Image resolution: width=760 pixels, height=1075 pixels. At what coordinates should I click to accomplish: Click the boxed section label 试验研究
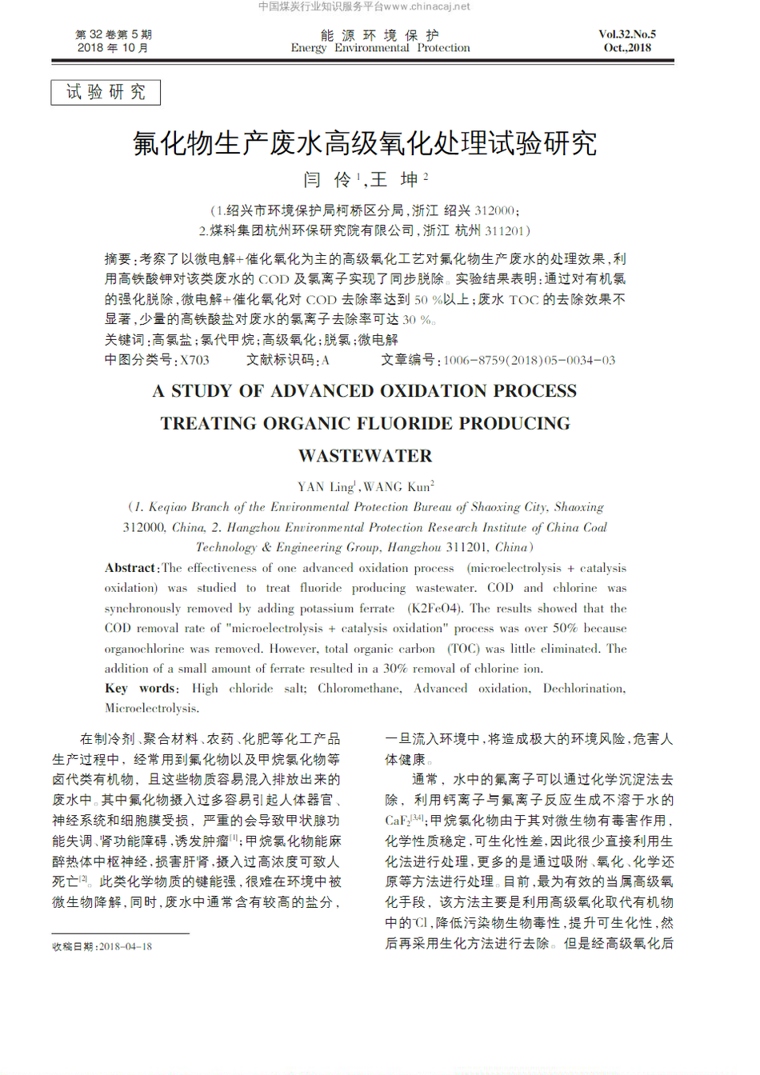pyautogui.click(x=106, y=92)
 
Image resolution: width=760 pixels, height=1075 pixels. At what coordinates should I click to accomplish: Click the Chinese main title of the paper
pyautogui.click(x=365, y=143)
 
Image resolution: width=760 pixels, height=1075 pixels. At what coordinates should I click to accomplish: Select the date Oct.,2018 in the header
pyautogui.click(x=627, y=48)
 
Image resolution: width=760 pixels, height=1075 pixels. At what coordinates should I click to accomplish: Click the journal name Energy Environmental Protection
pyautogui.click(x=380, y=48)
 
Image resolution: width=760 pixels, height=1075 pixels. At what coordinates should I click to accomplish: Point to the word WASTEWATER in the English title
pyautogui.click(x=365, y=456)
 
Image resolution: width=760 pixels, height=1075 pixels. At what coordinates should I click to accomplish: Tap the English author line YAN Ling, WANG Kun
pyautogui.click(x=365, y=487)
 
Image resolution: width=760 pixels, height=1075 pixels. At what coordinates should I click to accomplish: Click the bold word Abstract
pyautogui.click(x=130, y=568)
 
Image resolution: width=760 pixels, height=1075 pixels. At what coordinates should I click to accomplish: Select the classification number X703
pyautogui.click(x=194, y=361)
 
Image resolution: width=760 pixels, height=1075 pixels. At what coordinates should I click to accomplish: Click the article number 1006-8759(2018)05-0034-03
pyautogui.click(x=529, y=361)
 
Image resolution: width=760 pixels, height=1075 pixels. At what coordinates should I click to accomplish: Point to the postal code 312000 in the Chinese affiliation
pyautogui.click(x=494, y=211)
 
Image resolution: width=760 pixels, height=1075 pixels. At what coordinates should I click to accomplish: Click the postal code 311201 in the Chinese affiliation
pyautogui.click(x=505, y=231)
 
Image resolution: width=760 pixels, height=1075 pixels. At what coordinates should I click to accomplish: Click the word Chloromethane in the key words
pyautogui.click(x=358, y=689)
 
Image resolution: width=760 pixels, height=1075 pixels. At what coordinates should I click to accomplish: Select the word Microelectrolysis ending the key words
pyautogui.click(x=150, y=709)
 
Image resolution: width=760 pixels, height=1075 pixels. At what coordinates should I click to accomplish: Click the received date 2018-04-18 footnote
pyautogui.click(x=126, y=947)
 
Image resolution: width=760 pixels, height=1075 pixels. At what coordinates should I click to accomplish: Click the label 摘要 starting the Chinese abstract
pyautogui.click(x=118, y=259)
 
